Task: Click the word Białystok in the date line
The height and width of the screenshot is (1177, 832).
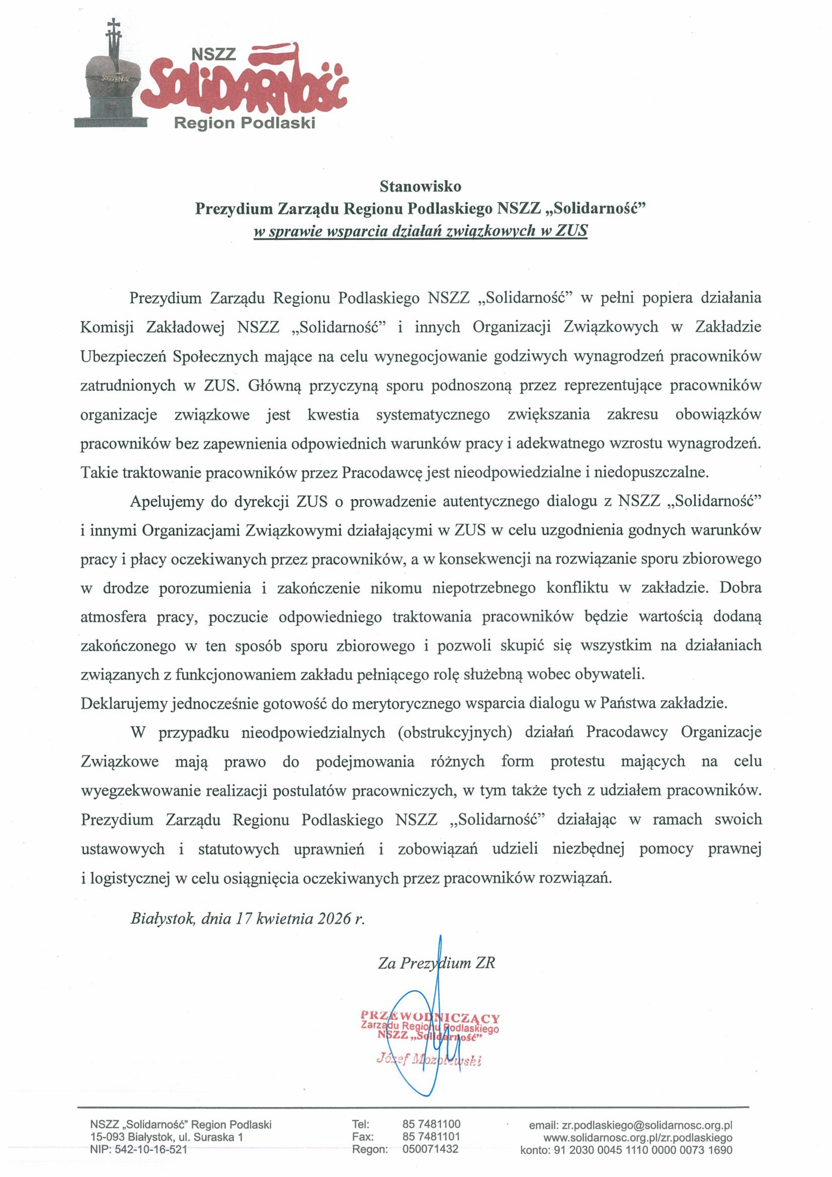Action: pos(163,918)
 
